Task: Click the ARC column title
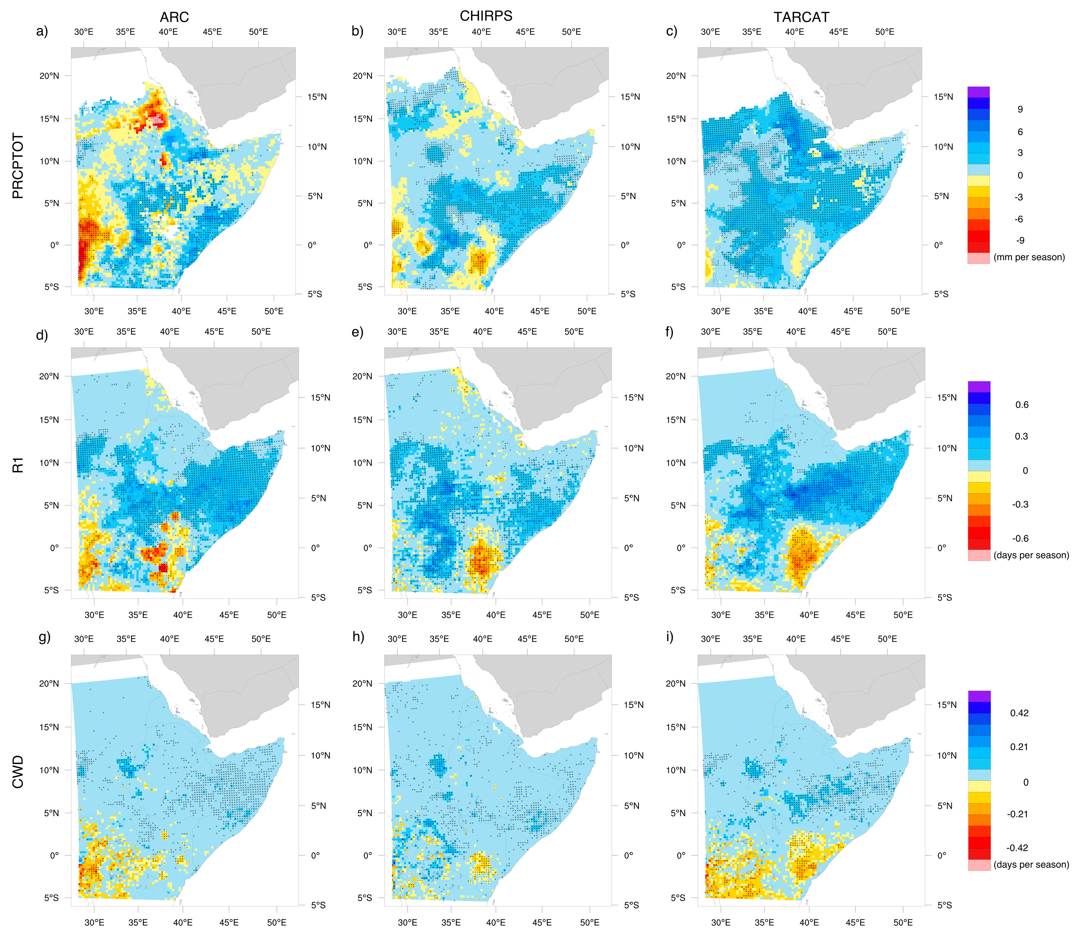pyautogui.click(x=174, y=17)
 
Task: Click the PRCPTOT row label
pyautogui.click(x=18, y=165)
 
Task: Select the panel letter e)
pyautogui.click(x=357, y=332)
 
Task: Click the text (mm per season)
pyautogui.click(x=1029, y=257)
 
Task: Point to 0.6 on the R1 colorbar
pyautogui.click(x=1021, y=404)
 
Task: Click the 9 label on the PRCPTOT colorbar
pyautogui.click(x=1020, y=109)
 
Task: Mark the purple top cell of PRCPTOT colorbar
pyautogui.click(x=978, y=92)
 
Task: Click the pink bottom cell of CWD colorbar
pyautogui.click(x=979, y=865)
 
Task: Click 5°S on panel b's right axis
pyautogui.click(x=628, y=294)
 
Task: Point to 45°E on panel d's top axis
pyautogui.click(x=214, y=331)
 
